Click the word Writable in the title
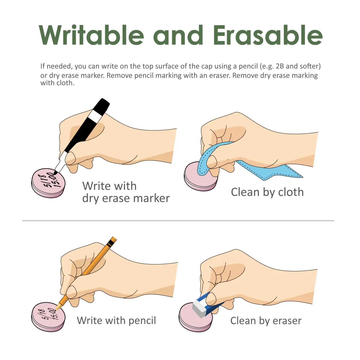tap(91, 35)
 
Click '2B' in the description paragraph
tap(280, 66)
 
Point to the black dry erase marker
tap(82, 136)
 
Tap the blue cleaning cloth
tap(243, 163)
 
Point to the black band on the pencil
tap(111, 243)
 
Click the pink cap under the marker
tap(48, 183)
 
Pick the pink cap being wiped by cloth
tap(201, 176)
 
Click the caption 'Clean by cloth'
tap(267, 192)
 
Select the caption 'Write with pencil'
tap(116, 321)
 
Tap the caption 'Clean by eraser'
tap(266, 321)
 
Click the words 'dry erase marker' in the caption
tap(126, 198)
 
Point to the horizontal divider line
tap(178, 220)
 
